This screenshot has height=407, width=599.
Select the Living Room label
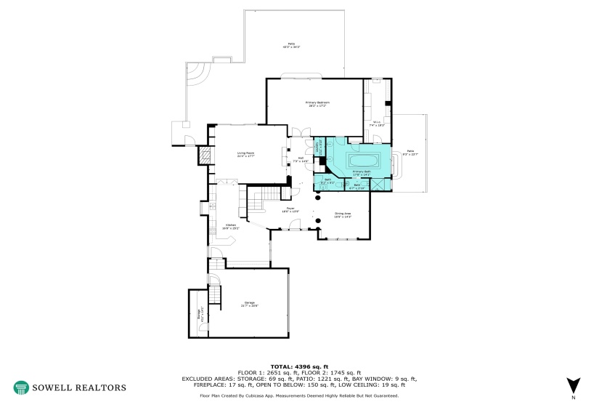[245, 154]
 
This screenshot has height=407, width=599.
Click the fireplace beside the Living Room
[206, 155]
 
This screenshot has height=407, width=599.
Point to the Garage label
[249, 306]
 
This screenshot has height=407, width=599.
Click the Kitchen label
[230, 227]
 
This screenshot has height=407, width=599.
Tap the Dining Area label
[343, 215]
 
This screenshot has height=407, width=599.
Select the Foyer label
[290, 210]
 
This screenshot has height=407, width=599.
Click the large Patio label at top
[292, 46]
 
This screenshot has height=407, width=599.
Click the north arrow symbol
[573, 385]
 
